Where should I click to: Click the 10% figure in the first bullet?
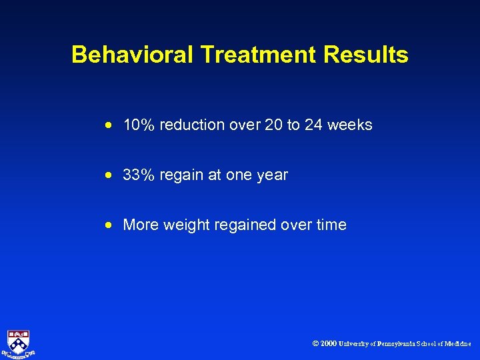coord(139,125)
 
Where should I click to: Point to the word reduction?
coord(193,125)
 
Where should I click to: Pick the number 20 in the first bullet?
coord(273,125)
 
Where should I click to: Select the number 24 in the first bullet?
coord(313,125)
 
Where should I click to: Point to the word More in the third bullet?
coord(140,225)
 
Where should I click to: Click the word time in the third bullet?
coord(331,225)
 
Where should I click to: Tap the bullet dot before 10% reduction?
coord(108,125)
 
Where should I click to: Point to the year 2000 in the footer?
coord(328,344)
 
